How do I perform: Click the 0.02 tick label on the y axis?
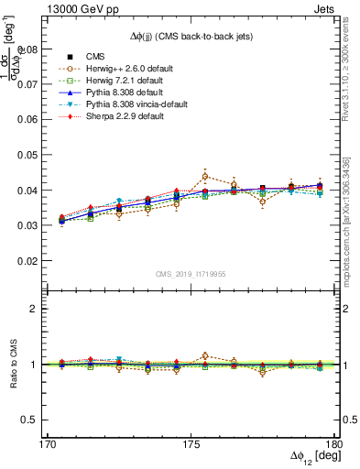coord(29,261)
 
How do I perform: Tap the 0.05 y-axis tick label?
coord(29,155)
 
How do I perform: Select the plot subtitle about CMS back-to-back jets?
coord(191,36)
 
